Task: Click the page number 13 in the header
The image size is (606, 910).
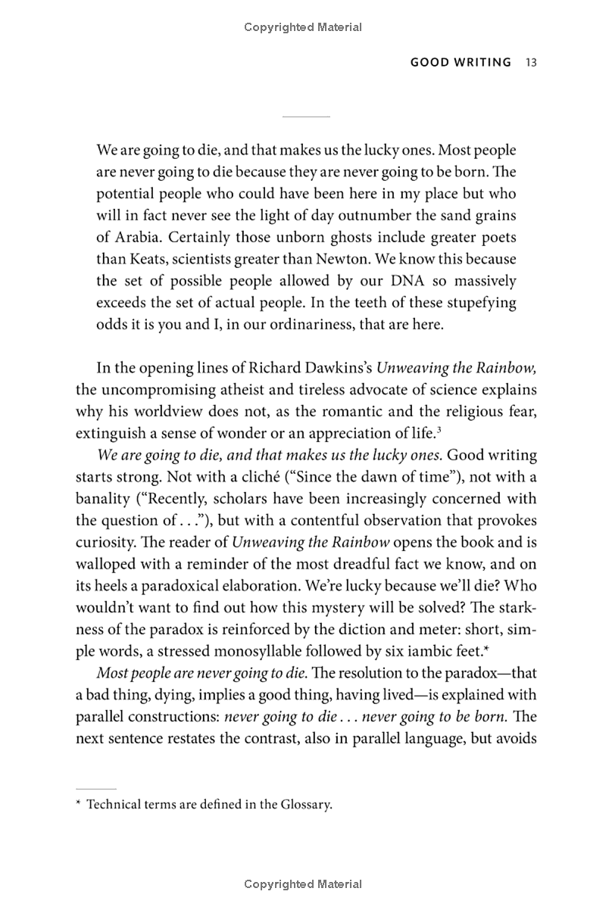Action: click(530, 62)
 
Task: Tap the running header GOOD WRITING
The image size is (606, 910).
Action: click(461, 62)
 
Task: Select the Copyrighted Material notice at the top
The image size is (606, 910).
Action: click(303, 27)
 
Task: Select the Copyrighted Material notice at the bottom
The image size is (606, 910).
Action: click(303, 884)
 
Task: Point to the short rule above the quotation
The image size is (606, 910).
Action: click(306, 117)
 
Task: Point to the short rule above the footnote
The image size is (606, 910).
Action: click(96, 788)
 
